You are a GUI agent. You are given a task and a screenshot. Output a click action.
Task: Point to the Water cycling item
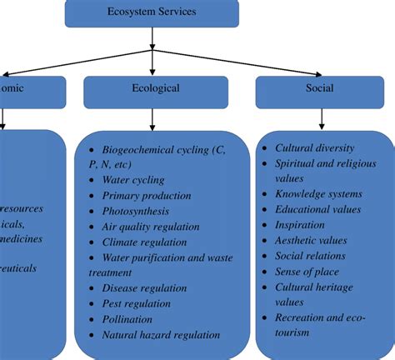(x=133, y=179)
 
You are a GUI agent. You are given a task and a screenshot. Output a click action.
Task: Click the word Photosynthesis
(x=136, y=211)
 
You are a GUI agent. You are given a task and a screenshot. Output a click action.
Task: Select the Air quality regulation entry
(x=151, y=226)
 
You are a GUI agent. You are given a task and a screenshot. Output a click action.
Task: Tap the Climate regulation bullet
(x=143, y=242)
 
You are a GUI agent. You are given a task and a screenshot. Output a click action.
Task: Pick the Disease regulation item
(x=144, y=288)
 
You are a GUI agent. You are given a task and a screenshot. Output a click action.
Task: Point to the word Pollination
(x=127, y=319)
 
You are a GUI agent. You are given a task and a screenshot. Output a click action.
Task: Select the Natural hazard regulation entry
(x=161, y=335)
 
